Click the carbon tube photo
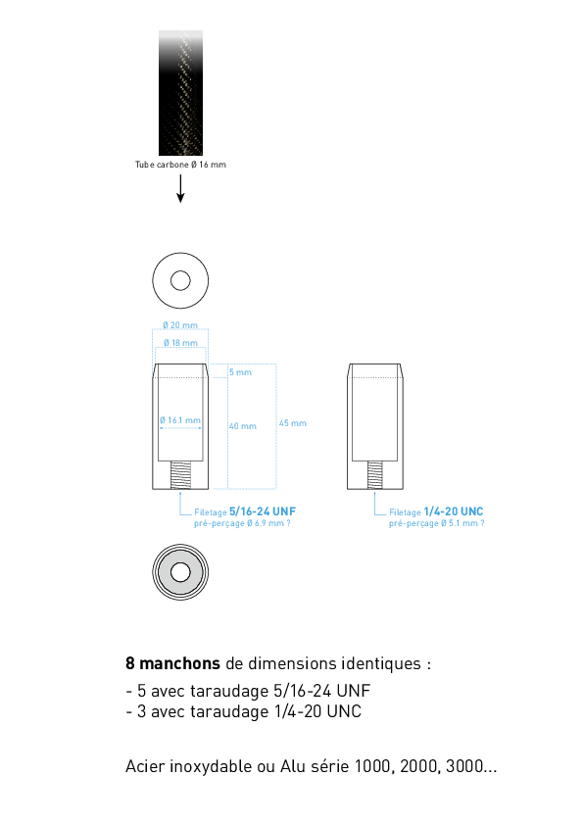point(180,93)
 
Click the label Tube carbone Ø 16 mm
point(180,165)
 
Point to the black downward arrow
point(180,188)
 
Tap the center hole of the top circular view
point(180,280)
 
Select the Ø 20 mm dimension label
point(180,325)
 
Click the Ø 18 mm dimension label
point(180,343)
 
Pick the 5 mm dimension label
point(240,372)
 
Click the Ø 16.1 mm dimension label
point(180,420)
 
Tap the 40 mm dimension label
point(243,426)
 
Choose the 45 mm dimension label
point(293,423)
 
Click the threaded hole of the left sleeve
point(180,475)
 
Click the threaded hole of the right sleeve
point(375,475)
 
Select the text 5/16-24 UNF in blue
point(263,511)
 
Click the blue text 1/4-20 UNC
point(454,511)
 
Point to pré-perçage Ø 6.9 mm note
point(242,523)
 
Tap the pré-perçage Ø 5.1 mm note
point(437,523)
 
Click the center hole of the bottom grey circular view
point(180,572)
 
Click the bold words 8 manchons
point(172,663)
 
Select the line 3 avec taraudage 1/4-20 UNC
point(244,711)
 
